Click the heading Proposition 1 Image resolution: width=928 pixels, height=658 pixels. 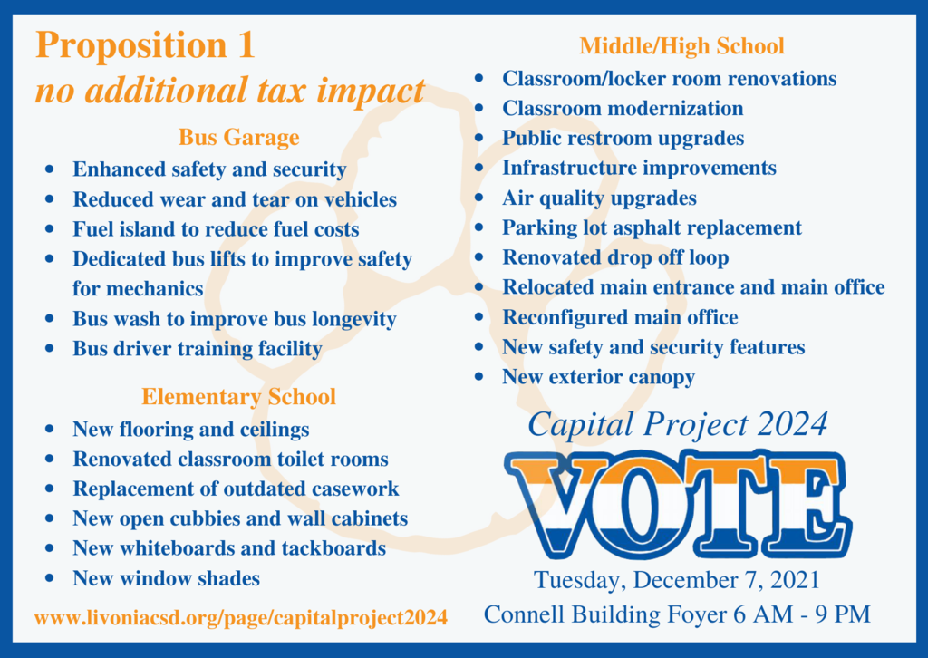(146, 45)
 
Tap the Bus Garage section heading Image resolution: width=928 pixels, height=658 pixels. (239, 137)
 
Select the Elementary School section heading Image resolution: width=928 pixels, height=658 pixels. (238, 396)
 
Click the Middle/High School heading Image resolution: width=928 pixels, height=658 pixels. (681, 46)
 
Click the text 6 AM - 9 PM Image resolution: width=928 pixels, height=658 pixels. (802, 614)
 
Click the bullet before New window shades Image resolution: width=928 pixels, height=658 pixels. (50, 578)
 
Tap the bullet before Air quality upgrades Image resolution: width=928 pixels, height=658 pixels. (479, 198)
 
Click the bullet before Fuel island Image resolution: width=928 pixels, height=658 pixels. (50, 229)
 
